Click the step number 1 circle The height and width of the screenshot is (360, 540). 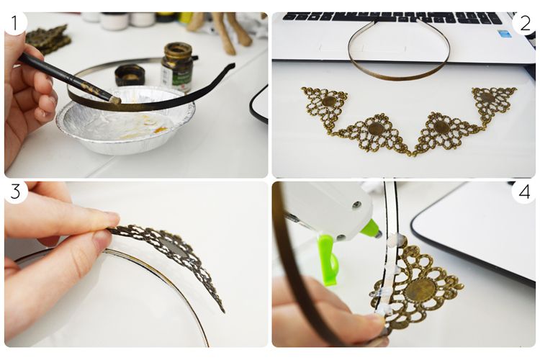click(x=14, y=23)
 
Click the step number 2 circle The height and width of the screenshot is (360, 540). click(x=525, y=24)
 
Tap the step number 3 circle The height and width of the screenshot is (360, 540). click(x=15, y=192)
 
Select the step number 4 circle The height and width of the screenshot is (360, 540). click(x=524, y=192)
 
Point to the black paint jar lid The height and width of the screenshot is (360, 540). click(x=129, y=75)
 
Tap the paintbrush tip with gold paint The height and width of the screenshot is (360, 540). click(x=115, y=100)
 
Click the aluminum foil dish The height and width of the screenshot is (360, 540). click(x=125, y=120)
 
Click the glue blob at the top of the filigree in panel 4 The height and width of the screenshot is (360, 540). click(x=393, y=240)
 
